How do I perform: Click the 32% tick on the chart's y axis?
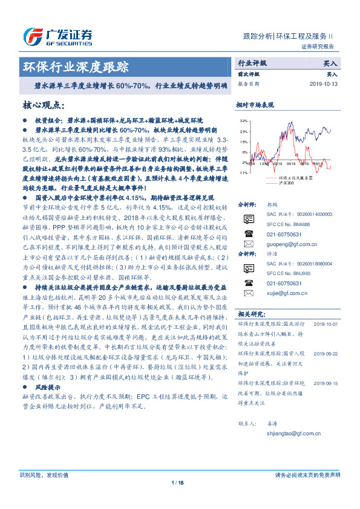(243, 121)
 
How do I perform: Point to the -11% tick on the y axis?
(243, 173)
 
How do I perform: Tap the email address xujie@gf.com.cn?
(281, 291)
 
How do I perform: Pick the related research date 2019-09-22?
(327, 353)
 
